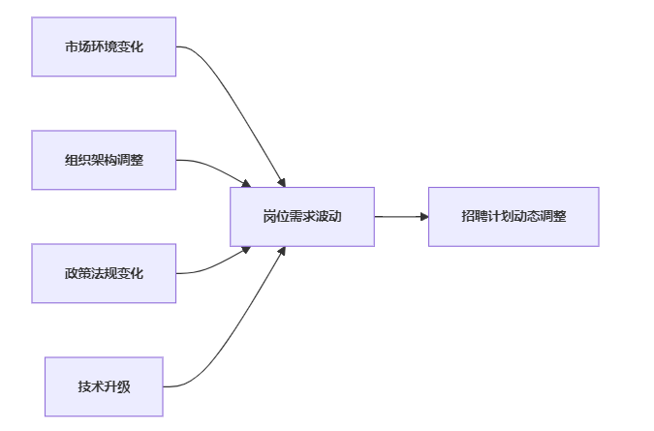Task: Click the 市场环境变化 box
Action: coord(104,46)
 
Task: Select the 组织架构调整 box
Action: coord(104,160)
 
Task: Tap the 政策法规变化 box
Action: coord(104,273)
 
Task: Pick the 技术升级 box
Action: coord(104,386)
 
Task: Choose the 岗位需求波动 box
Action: coord(302,217)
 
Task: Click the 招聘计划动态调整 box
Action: coord(514,217)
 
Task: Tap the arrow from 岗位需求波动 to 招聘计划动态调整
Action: coord(402,217)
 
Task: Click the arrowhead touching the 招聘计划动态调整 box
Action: coord(424,217)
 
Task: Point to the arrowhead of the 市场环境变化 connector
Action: coord(282,183)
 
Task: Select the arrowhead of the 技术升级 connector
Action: coord(282,251)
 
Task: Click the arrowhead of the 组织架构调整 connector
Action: coord(246,183)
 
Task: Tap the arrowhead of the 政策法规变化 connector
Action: coord(246,250)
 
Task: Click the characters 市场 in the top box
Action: coord(78,46)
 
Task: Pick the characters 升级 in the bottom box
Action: coord(117,386)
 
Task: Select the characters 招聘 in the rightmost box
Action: coord(474,216)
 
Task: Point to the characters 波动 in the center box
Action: coord(328,216)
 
